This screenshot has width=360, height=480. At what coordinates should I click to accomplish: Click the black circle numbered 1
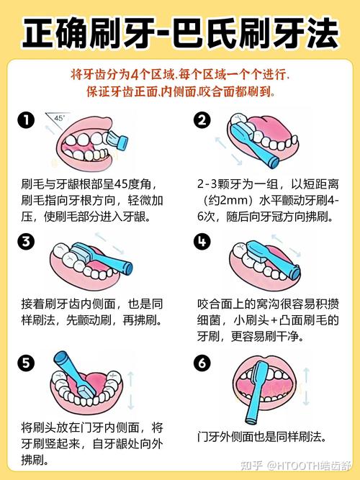(x=27, y=120)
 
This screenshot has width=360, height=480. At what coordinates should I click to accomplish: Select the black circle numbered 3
(x=27, y=242)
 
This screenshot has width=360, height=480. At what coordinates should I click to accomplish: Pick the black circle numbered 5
(x=27, y=364)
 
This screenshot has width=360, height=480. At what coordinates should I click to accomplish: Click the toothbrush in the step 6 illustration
(x=253, y=396)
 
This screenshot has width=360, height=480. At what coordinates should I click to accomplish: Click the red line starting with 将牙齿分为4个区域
(x=180, y=75)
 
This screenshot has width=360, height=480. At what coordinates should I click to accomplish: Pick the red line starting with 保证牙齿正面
(x=180, y=92)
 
